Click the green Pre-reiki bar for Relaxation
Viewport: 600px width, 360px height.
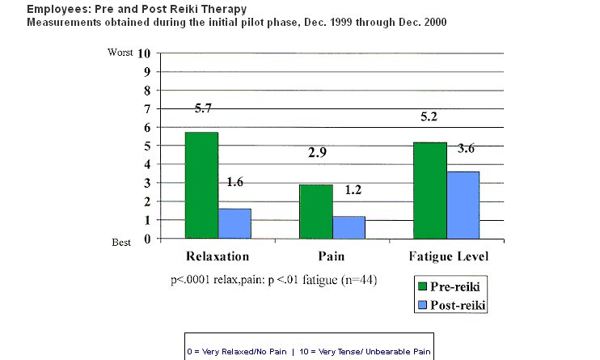(201, 185)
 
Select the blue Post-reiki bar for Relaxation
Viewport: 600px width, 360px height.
(235, 223)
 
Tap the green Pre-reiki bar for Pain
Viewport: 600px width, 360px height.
(315, 211)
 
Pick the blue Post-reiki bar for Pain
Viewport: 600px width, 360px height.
(349, 227)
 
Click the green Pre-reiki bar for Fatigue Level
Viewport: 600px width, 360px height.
(429, 190)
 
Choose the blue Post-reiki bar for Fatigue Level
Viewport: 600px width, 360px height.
(463, 205)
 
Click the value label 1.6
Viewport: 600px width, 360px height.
(234, 183)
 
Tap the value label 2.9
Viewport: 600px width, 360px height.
(317, 152)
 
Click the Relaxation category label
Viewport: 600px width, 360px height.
(217, 257)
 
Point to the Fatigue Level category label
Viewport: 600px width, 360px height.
(446, 257)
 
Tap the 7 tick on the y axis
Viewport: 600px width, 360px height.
(147, 109)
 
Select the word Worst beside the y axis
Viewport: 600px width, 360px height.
(119, 52)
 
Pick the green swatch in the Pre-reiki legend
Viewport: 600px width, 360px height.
(422, 286)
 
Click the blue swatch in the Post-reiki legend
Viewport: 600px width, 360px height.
(422, 305)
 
